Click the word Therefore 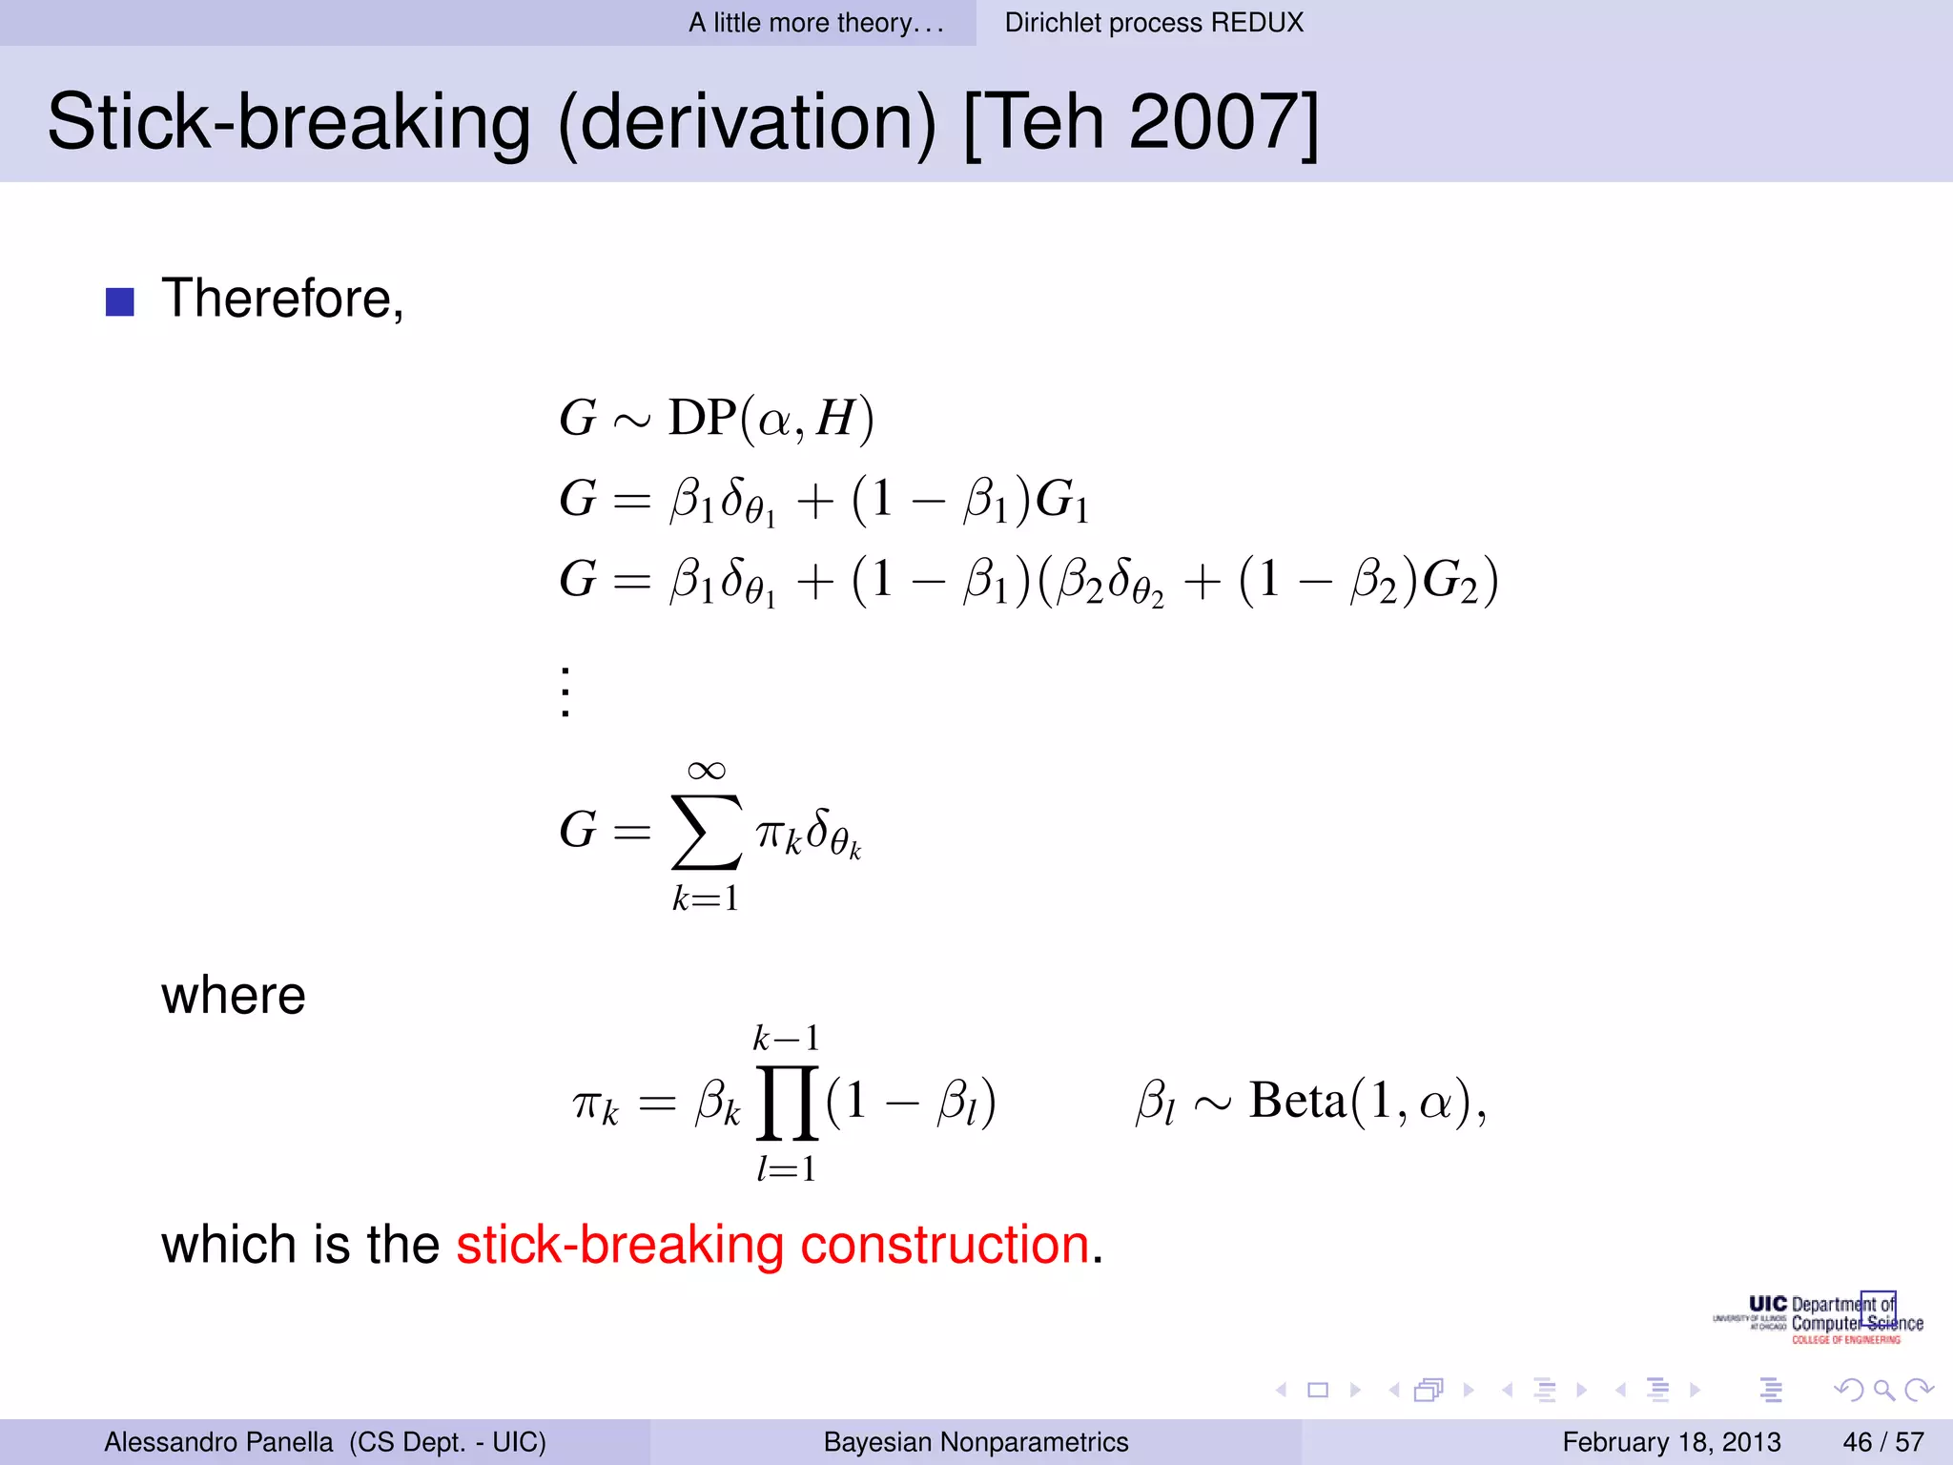tap(281, 299)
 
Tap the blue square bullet tap(119, 301)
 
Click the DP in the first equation tap(701, 418)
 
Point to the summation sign tap(706, 832)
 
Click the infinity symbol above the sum tap(706, 770)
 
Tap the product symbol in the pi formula tap(787, 1104)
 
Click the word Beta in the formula tap(1297, 1101)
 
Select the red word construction tap(944, 1245)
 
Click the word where tap(234, 996)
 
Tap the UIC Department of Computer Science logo tap(1821, 1319)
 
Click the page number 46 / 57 tap(1883, 1442)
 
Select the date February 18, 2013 tap(1671, 1442)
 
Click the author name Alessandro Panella tap(218, 1442)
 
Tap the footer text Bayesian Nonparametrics tap(976, 1442)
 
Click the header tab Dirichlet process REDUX tap(1154, 23)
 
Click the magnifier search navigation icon tap(1883, 1390)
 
